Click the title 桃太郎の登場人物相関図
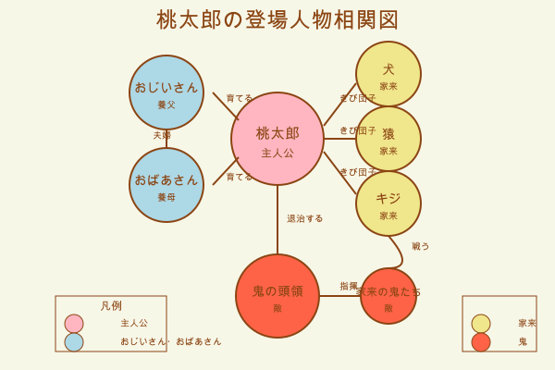pos(277,19)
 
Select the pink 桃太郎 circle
pos(277,139)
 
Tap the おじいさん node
pos(166,92)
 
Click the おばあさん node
pos(166,185)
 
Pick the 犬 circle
pos(388,74)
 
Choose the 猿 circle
pos(388,139)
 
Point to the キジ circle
pos(388,203)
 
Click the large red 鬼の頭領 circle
pos(277,296)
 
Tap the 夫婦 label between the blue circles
pos(162,135)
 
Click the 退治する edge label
pos(305,218)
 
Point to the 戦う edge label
pos(421,246)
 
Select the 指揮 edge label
pos(349,286)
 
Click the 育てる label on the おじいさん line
pos(240,98)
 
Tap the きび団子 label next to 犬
pos(358,98)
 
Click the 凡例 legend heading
pos(111,306)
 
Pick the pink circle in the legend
pos(74,324)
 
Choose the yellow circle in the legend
pos(481,324)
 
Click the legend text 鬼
pos(523,341)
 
